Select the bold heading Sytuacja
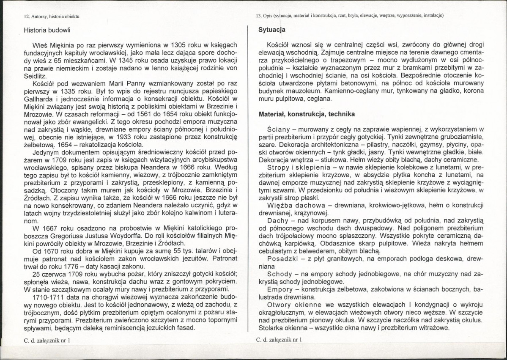[x=271, y=30]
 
